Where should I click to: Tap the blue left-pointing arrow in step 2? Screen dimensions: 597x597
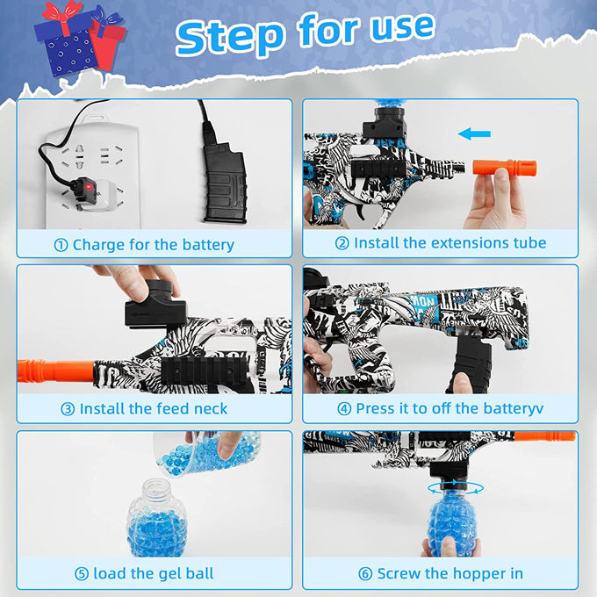[475, 133]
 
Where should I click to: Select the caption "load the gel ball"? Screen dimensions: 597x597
[145, 574]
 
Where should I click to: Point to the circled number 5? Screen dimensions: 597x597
[82, 574]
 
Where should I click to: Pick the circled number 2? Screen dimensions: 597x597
[342, 243]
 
